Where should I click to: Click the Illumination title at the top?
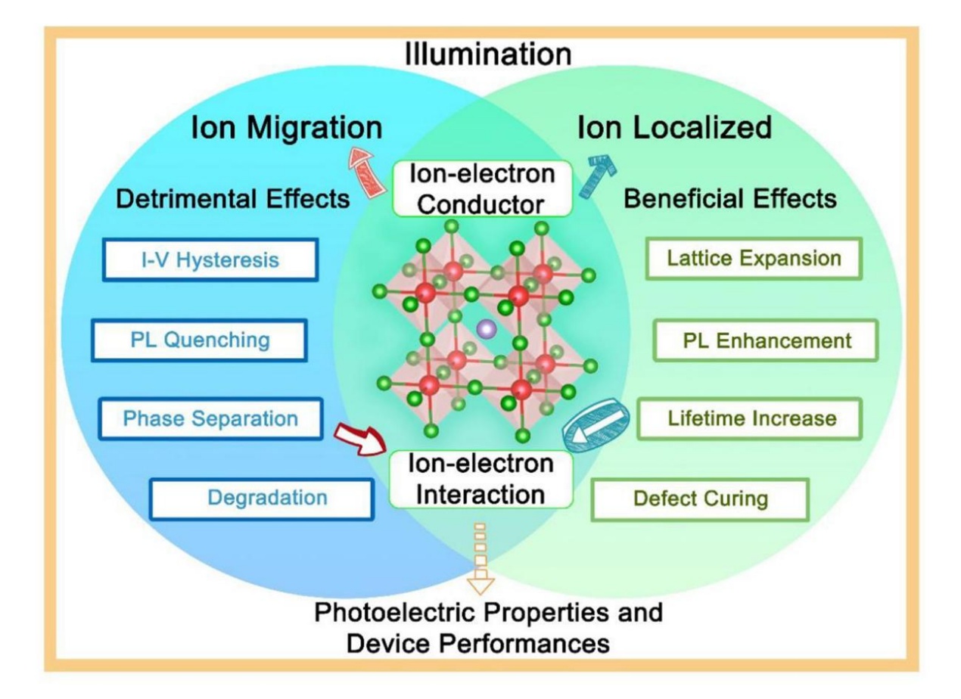487,54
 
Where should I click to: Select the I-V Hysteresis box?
210,260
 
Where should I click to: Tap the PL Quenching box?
199,340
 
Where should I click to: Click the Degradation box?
262,498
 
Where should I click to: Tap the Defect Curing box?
700,499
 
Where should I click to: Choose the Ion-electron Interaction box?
481,479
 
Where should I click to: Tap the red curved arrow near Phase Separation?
361,437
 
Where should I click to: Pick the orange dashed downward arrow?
481,557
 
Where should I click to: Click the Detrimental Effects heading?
233,199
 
